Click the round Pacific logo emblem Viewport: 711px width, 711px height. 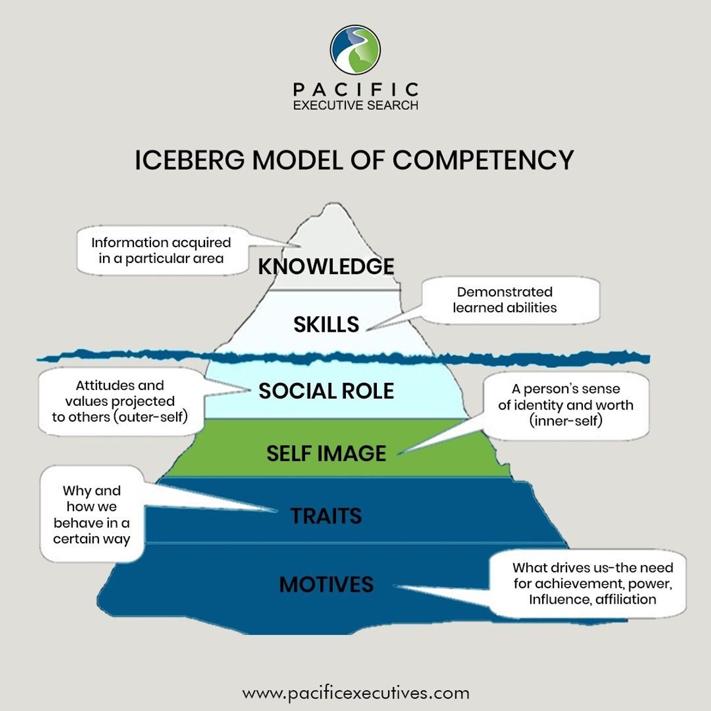click(355, 50)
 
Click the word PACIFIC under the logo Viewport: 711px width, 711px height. click(355, 89)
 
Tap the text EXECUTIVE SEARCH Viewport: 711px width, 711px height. click(355, 105)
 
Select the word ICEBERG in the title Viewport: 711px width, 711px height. click(188, 160)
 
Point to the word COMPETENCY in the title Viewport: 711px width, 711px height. click(483, 160)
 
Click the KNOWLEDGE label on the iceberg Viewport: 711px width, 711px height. click(326, 266)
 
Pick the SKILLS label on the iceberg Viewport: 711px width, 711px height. click(326, 324)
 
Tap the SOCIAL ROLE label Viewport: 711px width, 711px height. click(326, 391)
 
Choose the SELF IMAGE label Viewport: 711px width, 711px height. click(326, 453)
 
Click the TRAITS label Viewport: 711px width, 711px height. click(326, 515)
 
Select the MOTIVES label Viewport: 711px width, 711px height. click(326, 584)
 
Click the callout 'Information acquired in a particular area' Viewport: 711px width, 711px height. click(161, 250)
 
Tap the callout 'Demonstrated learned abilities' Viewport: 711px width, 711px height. click(505, 300)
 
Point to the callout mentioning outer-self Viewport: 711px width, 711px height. click(120, 401)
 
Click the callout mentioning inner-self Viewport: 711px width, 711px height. click(566, 405)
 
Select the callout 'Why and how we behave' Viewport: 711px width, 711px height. click(92, 515)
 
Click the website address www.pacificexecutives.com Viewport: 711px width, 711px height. click(355, 693)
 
